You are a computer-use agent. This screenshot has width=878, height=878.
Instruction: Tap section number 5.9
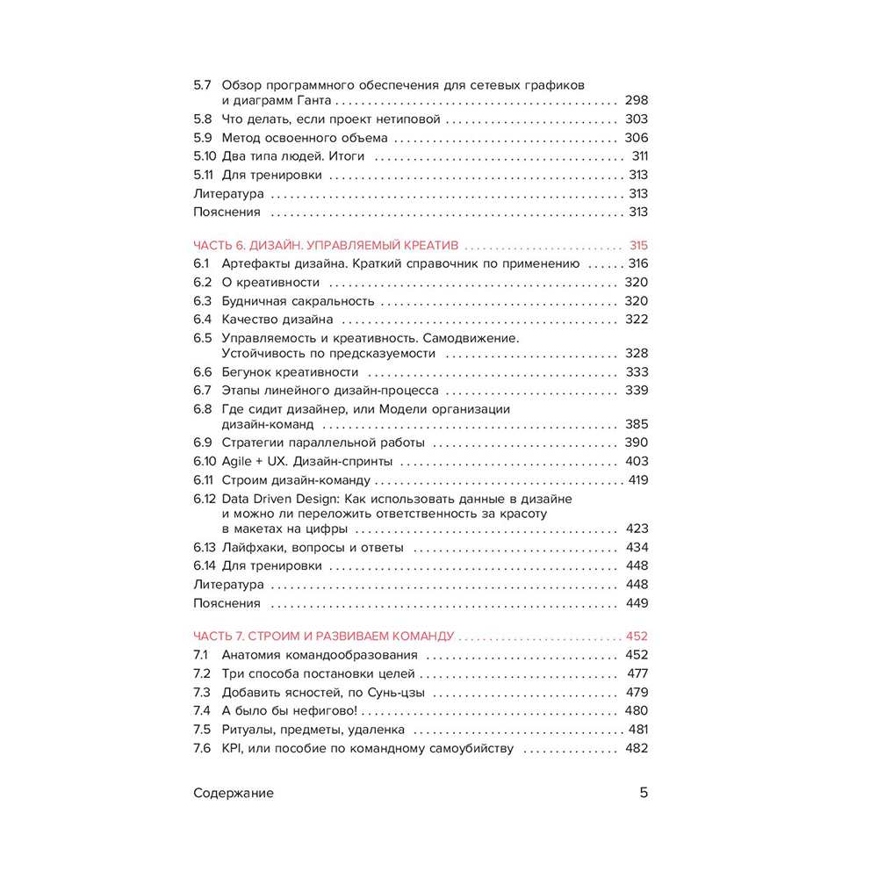203,138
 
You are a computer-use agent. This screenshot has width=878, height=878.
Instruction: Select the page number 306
636,138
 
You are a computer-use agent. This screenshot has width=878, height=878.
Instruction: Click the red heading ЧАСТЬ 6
219,245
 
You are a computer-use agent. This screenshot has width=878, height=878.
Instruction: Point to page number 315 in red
637,245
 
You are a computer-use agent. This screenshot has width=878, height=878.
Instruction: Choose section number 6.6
203,372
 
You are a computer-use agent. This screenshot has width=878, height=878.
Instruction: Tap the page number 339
636,390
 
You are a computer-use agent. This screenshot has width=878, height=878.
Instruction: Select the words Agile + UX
255,461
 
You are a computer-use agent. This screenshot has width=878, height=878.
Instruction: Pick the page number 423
636,529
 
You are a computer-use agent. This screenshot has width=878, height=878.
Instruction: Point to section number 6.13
205,547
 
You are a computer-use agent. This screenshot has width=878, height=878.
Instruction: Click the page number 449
636,603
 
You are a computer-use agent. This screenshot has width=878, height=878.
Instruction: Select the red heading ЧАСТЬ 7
219,636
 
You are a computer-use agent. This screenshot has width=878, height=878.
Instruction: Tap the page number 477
637,673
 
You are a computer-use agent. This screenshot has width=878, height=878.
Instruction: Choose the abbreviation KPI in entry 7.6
233,749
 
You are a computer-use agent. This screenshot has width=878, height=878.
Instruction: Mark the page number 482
636,749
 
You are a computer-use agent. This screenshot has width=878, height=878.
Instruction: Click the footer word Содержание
233,793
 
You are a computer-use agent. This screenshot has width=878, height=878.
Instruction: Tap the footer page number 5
643,793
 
